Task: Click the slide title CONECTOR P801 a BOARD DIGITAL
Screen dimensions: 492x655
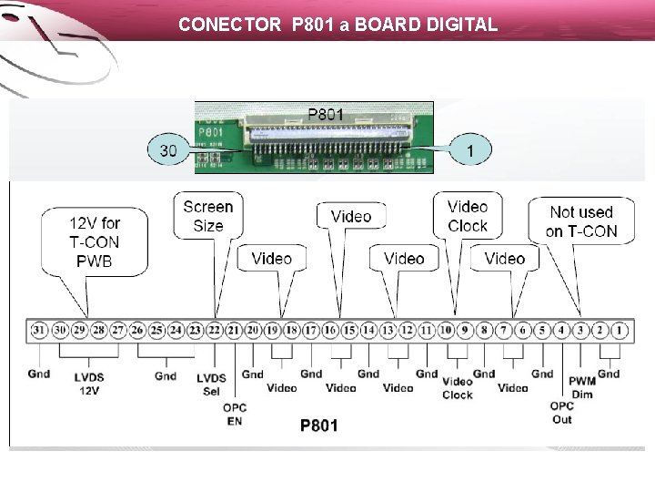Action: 338,25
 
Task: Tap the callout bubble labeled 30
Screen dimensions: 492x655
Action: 168,149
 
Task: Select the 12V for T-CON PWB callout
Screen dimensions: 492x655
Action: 95,241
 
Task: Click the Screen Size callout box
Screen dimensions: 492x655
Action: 207,215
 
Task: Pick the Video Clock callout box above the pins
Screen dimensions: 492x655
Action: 468,216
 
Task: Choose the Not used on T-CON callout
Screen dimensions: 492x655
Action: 581,221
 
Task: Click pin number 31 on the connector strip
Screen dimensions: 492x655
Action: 38,330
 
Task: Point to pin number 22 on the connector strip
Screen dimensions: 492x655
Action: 215,330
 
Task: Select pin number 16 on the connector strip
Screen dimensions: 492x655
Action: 330,330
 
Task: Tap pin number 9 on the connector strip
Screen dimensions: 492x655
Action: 465,330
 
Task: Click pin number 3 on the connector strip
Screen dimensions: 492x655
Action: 581,330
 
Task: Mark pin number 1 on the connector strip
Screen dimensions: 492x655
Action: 620,330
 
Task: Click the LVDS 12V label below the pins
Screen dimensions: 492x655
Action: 88,384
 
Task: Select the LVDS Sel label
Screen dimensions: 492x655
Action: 211,384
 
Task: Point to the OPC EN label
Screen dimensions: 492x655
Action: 235,415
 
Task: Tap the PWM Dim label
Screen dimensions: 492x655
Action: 581,388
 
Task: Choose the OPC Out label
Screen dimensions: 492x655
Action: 562,413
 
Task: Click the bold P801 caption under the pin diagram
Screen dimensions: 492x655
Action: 318,425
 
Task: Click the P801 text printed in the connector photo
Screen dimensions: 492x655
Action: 326,114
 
